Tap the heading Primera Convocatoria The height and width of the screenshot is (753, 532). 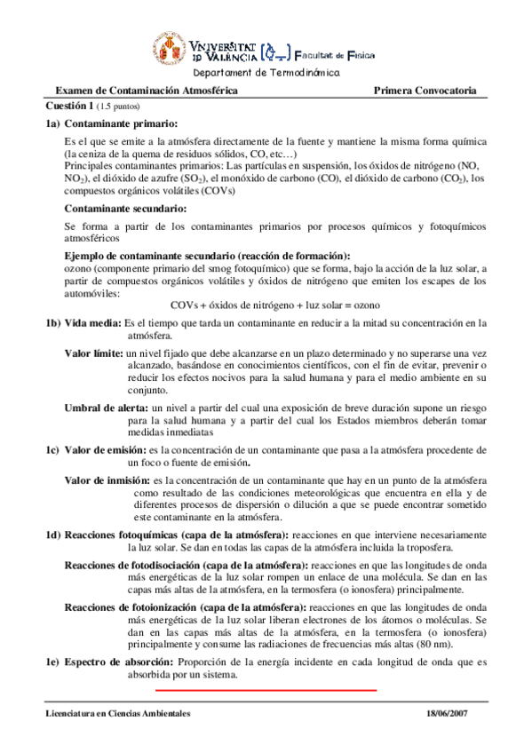[x=425, y=91]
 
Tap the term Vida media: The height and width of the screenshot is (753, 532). [x=93, y=323]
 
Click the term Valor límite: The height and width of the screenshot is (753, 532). [x=94, y=353]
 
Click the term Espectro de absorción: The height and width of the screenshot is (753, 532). [x=120, y=662]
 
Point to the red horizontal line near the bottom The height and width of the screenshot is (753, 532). [x=266, y=689]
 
